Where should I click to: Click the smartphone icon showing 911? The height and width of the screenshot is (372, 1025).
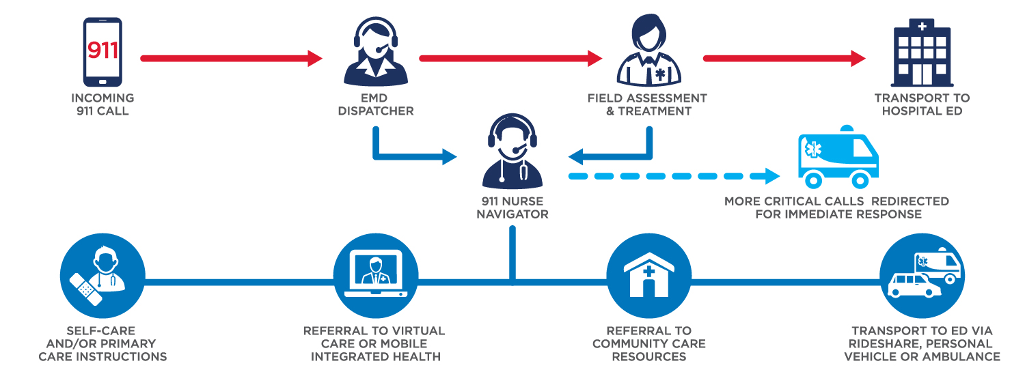102,52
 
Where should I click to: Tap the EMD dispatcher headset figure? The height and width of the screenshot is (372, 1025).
376,52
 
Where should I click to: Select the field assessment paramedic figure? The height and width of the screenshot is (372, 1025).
649,51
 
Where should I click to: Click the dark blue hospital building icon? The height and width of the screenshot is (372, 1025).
922,53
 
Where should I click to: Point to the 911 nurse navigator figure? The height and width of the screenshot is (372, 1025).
512,151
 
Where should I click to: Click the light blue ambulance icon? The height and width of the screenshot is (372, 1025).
838,157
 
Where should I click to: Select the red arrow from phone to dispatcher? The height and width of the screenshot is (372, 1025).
232,59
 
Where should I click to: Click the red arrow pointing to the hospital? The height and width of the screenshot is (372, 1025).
784,59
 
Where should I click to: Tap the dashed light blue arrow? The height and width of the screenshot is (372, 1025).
674,176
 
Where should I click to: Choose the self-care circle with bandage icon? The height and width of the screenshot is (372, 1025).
102,276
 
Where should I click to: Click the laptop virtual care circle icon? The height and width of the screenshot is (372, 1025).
376,276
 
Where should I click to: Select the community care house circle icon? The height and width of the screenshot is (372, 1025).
649,276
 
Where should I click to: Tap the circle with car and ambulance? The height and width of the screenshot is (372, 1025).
922,276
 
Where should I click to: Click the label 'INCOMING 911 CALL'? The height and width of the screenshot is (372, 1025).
102,104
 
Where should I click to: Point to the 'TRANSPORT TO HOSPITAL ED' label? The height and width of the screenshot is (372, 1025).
922,104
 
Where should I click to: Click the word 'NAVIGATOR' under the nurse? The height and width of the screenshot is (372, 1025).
512,214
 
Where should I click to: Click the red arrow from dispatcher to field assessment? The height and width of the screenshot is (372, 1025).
510,59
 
